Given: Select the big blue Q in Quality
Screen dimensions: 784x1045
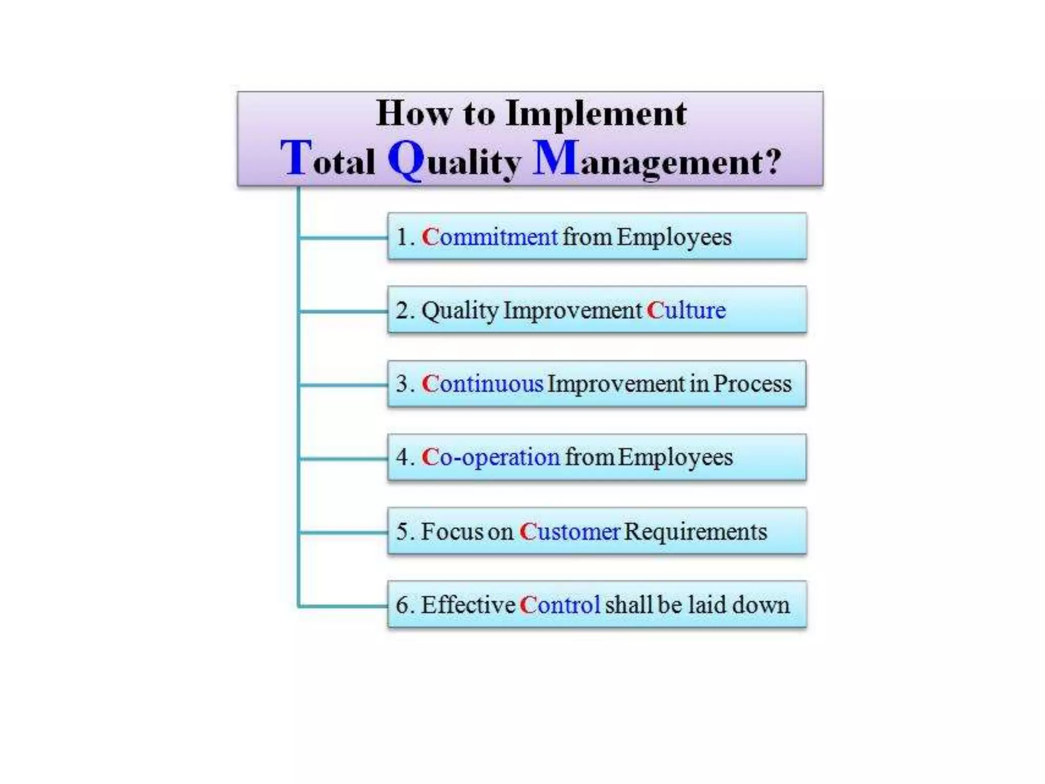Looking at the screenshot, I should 406,159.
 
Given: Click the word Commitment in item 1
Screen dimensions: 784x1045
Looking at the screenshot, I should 489,237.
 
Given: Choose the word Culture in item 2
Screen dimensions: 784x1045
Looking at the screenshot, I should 686,310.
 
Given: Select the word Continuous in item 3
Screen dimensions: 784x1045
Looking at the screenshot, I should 482,384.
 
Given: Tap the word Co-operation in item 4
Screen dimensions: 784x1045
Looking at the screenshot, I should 490,457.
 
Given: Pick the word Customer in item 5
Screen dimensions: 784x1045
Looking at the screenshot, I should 569,531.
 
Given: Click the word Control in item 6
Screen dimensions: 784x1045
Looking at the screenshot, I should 560,605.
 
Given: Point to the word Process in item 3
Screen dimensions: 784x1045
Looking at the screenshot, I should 752,384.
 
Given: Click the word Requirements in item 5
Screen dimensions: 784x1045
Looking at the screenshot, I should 695,531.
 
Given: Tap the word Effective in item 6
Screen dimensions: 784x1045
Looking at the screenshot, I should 467,605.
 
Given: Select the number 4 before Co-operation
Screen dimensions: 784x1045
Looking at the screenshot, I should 403,457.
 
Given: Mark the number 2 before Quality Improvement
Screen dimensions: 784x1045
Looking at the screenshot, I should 403,310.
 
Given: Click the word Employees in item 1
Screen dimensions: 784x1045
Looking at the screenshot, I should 674,237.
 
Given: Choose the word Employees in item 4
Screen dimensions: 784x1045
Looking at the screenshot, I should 675,457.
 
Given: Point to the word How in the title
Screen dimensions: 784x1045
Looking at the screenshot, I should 413,113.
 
